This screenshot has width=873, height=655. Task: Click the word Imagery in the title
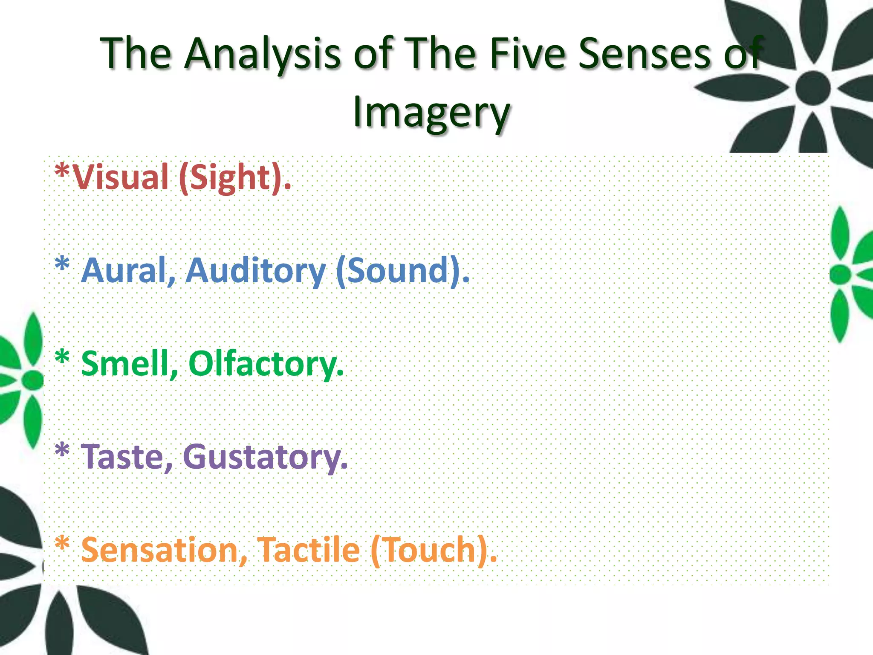(x=431, y=112)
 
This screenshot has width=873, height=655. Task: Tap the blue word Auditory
(x=256, y=271)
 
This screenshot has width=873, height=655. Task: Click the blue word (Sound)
(x=402, y=270)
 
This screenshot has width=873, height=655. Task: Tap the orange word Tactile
(x=309, y=550)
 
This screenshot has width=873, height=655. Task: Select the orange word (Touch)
(x=433, y=550)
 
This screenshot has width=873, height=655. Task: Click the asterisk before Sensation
(x=62, y=544)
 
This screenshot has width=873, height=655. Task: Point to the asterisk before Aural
(x=62, y=264)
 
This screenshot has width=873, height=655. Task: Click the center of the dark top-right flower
(x=812, y=88)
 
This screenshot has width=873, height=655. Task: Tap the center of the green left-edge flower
(x=32, y=379)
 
